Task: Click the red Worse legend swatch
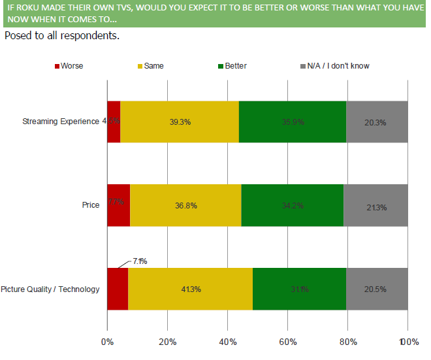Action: (x=56, y=66)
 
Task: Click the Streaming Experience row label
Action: (x=61, y=122)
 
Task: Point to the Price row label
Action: (x=91, y=205)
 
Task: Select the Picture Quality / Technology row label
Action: (x=50, y=289)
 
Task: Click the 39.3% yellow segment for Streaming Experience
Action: (x=179, y=122)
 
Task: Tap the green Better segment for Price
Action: (x=292, y=205)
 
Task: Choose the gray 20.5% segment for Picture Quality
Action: (x=377, y=289)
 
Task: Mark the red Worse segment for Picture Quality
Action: (x=118, y=289)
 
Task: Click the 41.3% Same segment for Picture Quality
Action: (x=190, y=289)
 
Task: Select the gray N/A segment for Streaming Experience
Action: (x=377, y=122)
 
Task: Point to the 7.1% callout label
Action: (x=140, y=261)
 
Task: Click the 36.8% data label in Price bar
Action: (x=185, y=206)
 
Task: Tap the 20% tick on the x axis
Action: (x=168, y=342)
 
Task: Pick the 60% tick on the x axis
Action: (x=288, y=342)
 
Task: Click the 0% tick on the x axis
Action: (x=107, y=342)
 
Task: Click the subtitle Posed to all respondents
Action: (x=62, y=35)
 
